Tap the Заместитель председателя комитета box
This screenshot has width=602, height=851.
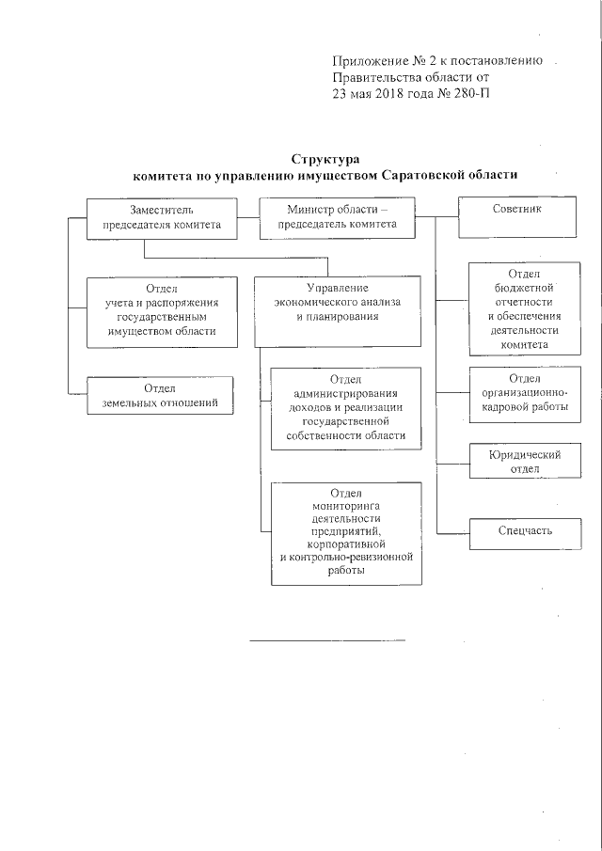[161, 217]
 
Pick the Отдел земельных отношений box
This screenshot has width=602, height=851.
[160, 395]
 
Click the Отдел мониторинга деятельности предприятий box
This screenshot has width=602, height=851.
[345, 532]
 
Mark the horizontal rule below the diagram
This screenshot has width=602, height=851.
[326, 640]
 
